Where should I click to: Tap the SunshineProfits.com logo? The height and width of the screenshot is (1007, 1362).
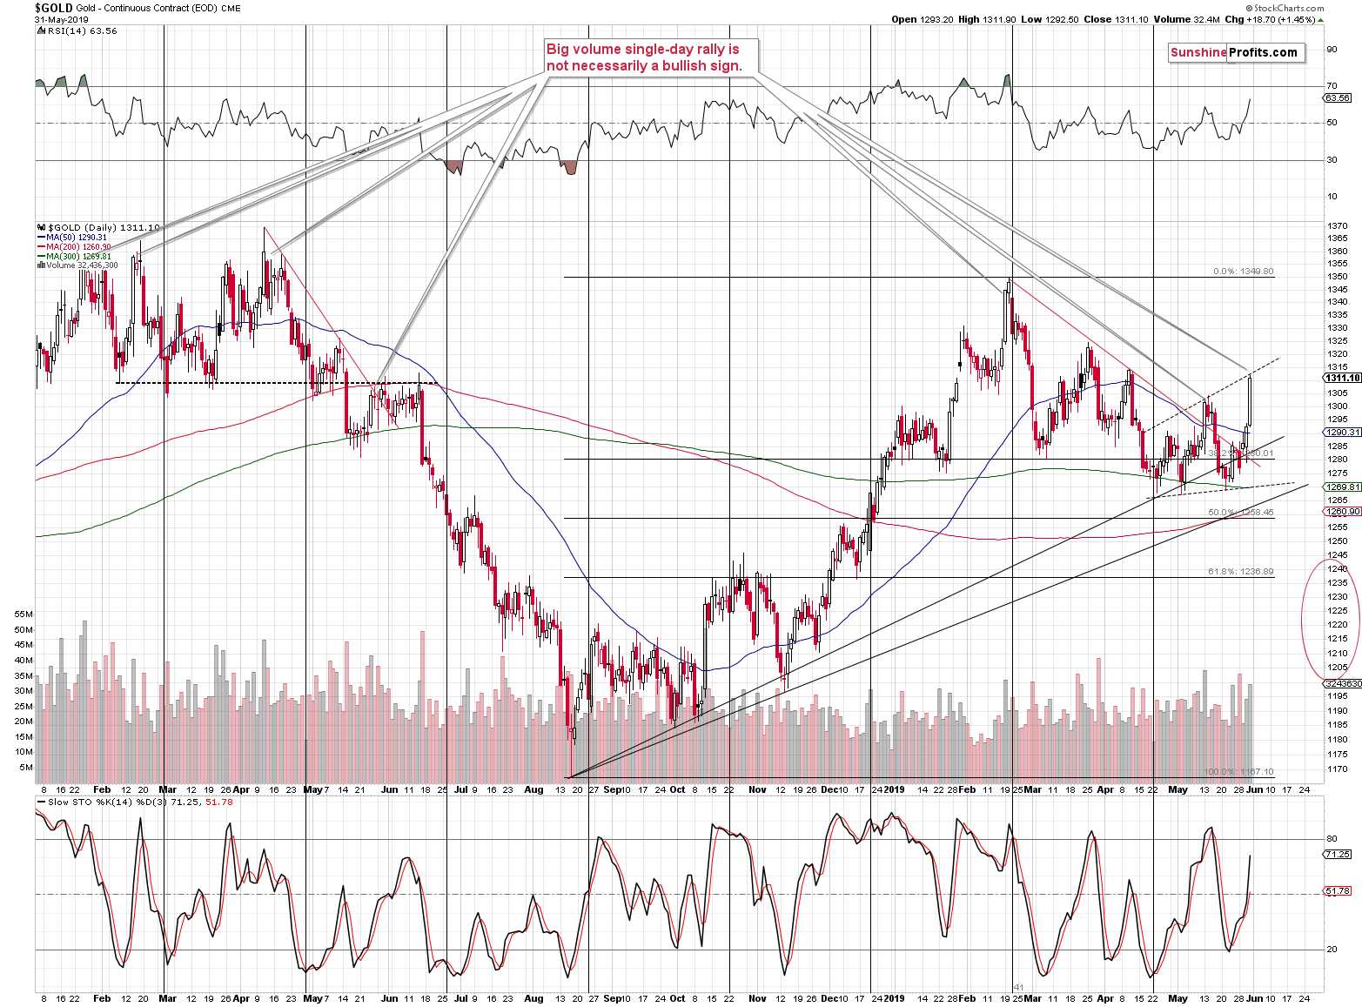[1233, 52]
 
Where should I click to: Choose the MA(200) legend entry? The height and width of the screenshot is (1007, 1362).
[75, 246]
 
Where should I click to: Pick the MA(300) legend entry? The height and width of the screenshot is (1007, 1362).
[75, 256]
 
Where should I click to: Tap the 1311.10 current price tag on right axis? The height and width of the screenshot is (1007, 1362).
[1341, 378]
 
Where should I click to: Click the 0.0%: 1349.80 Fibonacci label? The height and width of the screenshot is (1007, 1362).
[1244, 272]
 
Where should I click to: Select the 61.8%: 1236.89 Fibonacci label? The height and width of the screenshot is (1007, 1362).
[1241, 572]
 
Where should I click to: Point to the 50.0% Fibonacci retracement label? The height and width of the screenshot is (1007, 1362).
[1241, 513]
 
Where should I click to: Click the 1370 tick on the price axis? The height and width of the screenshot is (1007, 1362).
[1336, 226]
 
